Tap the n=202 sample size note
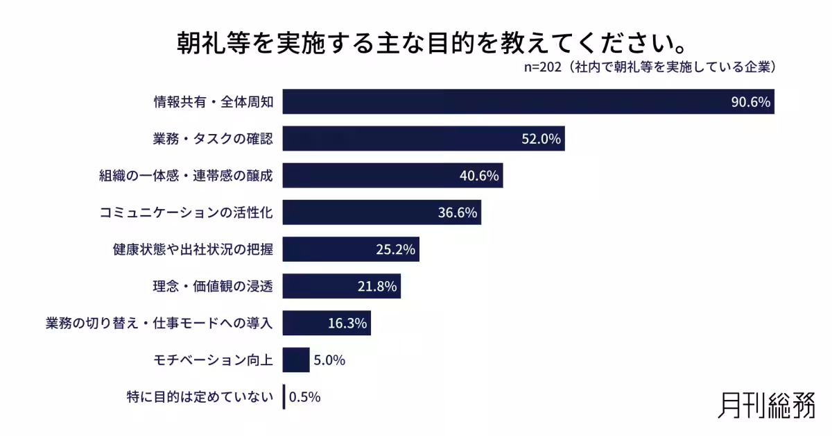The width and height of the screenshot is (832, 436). coord(649,68)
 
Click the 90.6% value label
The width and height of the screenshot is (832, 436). coord(750,102)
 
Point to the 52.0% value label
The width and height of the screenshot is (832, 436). coord(541,139)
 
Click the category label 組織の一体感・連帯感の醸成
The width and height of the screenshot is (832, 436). coord(186,176)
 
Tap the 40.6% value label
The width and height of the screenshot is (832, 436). coord(479,176)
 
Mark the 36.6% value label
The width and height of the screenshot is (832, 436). coord(458,212)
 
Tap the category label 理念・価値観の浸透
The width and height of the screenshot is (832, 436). coord(213,285)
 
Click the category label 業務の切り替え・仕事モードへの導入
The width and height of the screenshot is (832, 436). coord(159,323)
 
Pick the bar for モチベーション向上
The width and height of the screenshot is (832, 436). coord(296,360)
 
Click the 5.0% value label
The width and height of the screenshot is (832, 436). coord(329,360)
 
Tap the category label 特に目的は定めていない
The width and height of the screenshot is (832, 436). coord(201,397)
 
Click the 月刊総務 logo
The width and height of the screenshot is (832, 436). coord(766,405)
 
